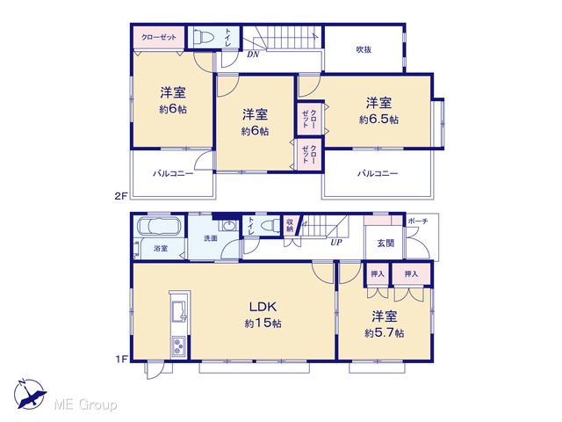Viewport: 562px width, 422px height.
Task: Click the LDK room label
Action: pyautogui.click(x=263, y=307)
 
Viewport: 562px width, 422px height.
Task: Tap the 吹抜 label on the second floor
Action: pyautogui.click(x=364, y=49)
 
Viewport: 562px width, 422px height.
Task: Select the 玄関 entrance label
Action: pyautogui.click(x=385, y=244)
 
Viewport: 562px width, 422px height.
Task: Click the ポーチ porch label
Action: pyautogui.click(x=418, y=221)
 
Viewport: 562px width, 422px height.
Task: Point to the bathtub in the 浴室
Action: pyautogui.click(x=159, y=226)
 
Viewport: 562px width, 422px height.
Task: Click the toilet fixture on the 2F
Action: pyautogui.click(x=204, y=37)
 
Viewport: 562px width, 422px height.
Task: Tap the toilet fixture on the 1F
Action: pyautogui.click(x=270, y=226)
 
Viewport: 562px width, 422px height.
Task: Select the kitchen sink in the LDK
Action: pyautogui.click(x=179, y=311)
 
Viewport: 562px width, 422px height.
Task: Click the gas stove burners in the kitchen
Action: pyautogui.click(x=179, y=346)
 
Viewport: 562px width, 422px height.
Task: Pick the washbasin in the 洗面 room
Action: pyautogui.click(x=228, y=226)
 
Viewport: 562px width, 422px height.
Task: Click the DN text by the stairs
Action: pyautogui.click(x=253, y=55)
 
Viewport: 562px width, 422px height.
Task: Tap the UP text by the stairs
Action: pyautogui.click(x=335, y=243)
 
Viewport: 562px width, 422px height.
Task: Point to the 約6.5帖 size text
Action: pyautogui.click(x=378, y=120)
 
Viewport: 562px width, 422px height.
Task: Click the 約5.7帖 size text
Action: pyautogui.click(x=385, y=333)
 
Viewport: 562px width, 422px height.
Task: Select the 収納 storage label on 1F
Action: pyautogui.click(x=290, y=225)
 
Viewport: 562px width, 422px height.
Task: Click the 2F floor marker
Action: pyautogui.click(x=121, y=196)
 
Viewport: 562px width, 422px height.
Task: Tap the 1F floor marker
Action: pyautogui.click(x=121, y=359)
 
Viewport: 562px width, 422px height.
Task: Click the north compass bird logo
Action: pyautogui.click(x=30, y=395)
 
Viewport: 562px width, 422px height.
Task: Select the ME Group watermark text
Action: pyautogui.click(x=85, y=404)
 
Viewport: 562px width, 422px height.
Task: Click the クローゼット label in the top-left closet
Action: pyautogui.click(x=159, y=37)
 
